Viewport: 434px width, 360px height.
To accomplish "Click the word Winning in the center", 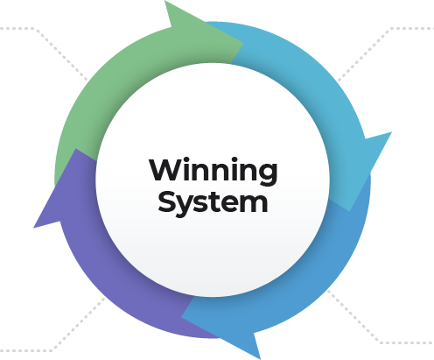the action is (x=213, y=171).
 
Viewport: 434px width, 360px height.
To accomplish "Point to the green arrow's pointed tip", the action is (x=243, y=43).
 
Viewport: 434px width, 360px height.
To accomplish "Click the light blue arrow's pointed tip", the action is (x=350, y=211).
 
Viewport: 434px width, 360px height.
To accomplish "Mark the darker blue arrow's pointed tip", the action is (x=182, y=317).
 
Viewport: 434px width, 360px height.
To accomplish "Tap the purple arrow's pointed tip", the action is (x=76, y=149).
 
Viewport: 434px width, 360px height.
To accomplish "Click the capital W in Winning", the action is (x=165, y=169).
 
